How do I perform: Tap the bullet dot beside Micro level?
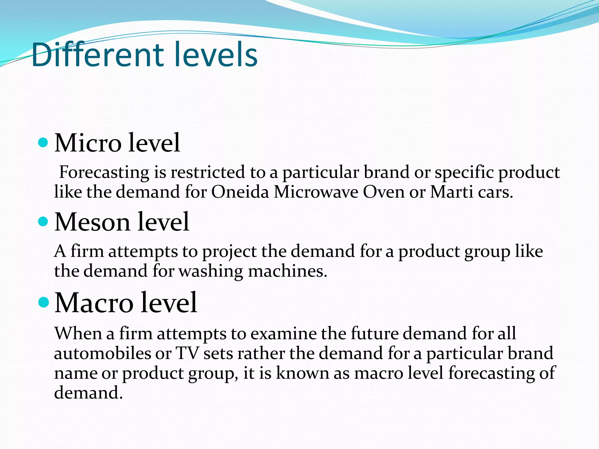point(43,143)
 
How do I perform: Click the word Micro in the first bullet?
point(88,143)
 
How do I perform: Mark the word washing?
point(211,271)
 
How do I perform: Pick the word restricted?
point(208,172)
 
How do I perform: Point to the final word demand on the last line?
point(88,393)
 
